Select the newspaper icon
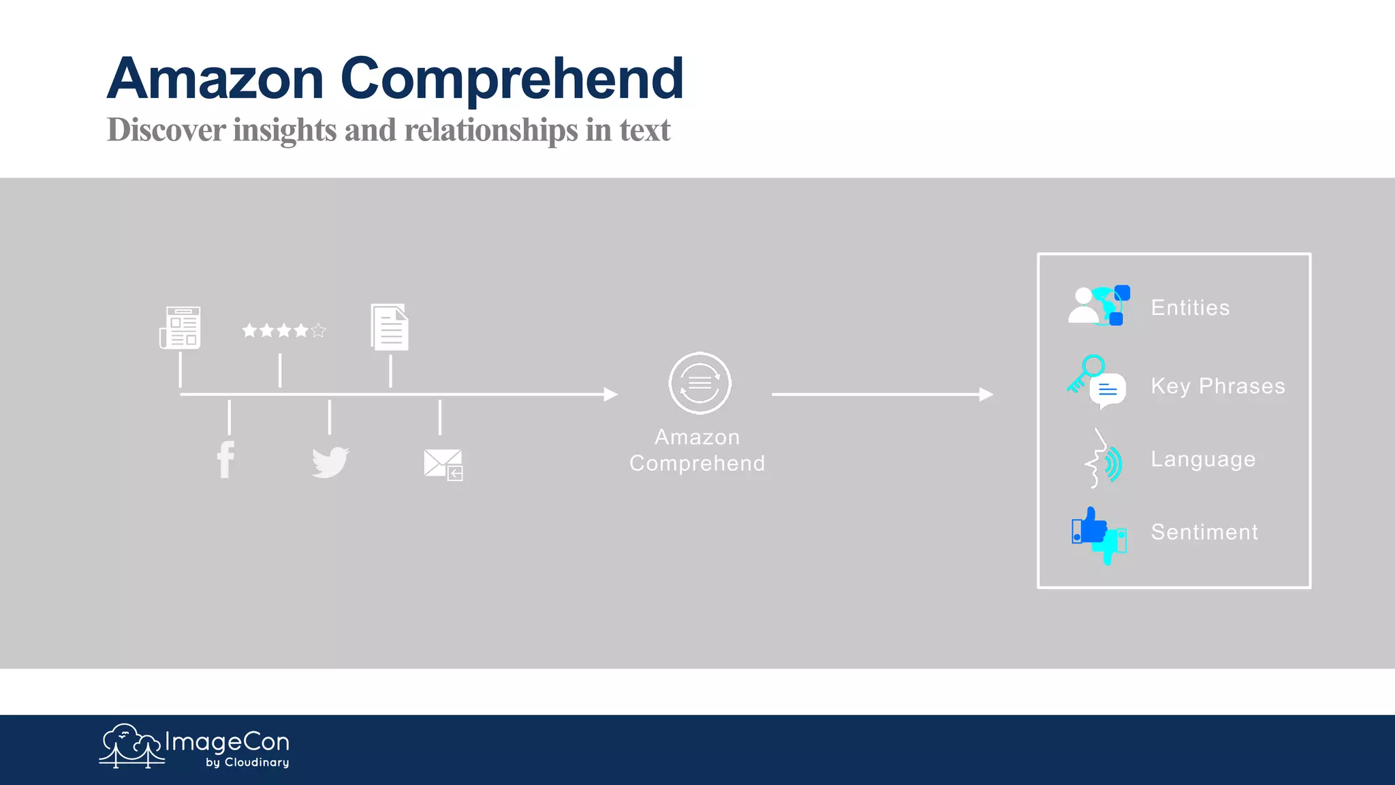(x=181, y=328)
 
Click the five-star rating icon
(x=284, y=330)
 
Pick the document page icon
(x=390, y=327)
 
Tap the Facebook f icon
(x=225, y=460)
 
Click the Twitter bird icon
(x=330, y=463)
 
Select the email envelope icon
(x=443, y=465)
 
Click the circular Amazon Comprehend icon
(x=700, y=383)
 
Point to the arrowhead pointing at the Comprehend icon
(x=611, y=395)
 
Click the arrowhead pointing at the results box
(x=986, y=395)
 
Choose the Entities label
(x=1190, y=308)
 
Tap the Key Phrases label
(x=1218, y=386)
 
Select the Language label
(x=1203, y=459)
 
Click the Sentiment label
(x=1204, y=532)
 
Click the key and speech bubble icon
(x=1097, y=382)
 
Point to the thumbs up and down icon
(x=1098, y=536)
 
